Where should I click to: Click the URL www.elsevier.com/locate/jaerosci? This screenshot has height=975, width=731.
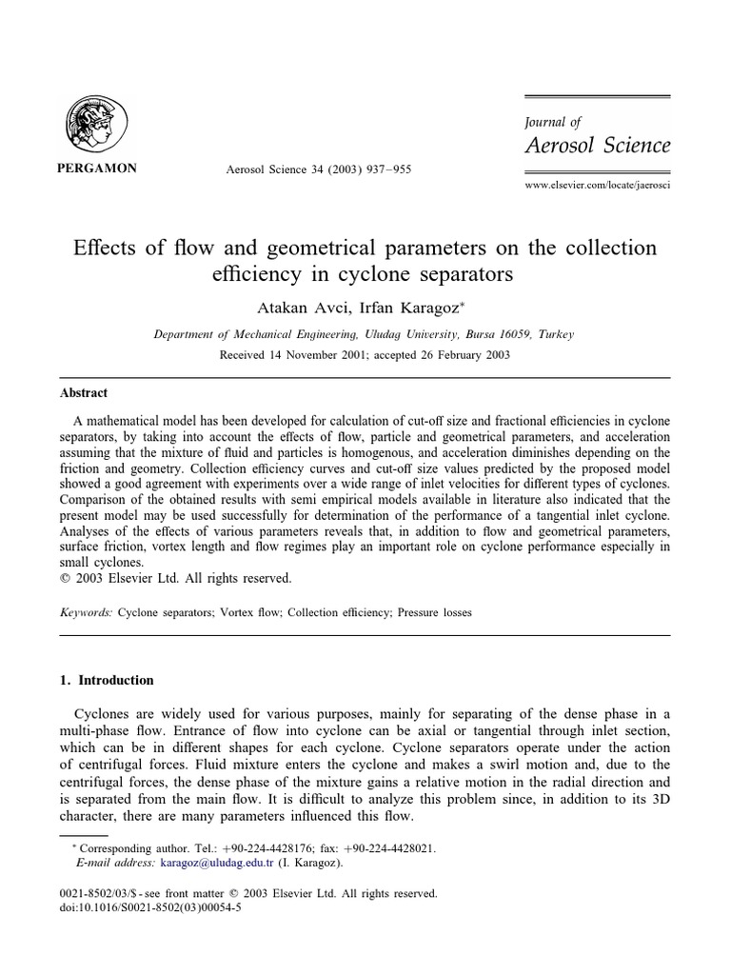coord(598,185)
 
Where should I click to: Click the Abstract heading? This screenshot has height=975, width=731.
coord(86,392)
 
